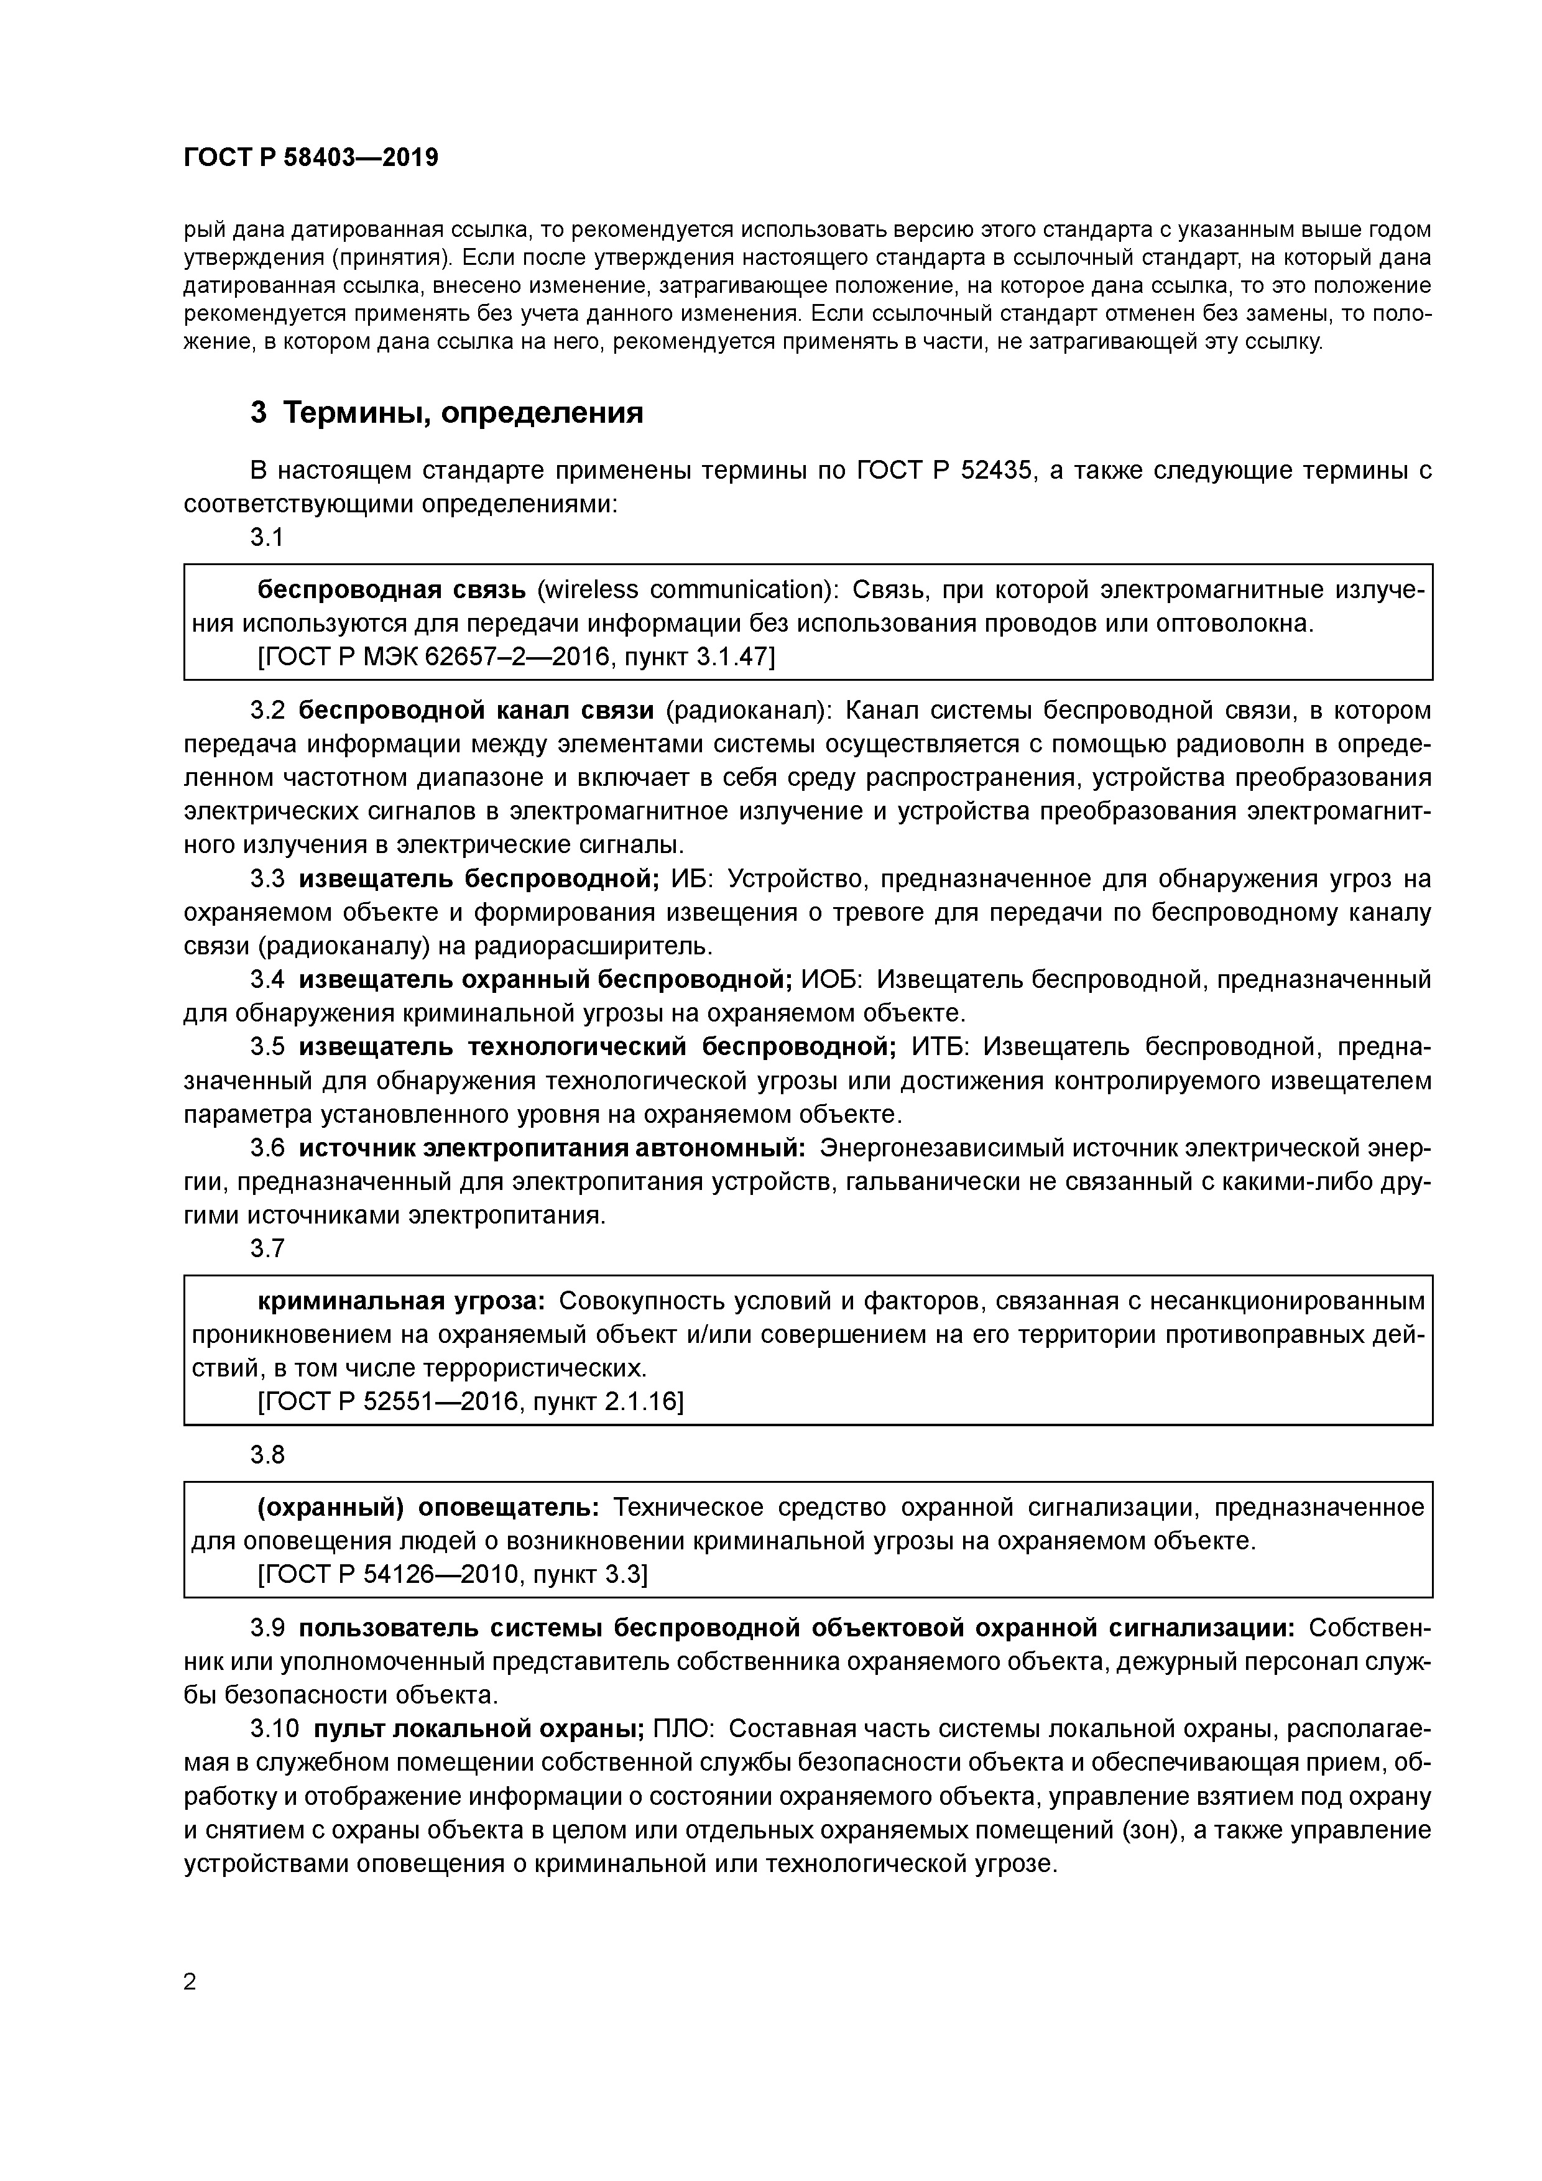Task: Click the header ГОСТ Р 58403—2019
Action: pos(311,158)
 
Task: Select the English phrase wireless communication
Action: pos(684,590)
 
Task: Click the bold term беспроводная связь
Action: pos(392,590)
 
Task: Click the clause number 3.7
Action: pos(267,1248)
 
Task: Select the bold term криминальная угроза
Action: pos(401,1301)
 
